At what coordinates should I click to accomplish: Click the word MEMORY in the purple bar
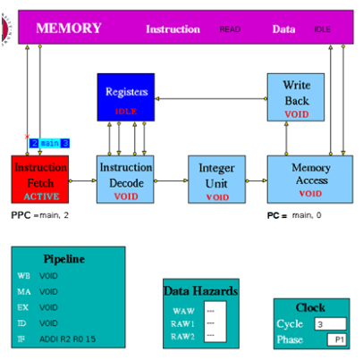tap(69, 29)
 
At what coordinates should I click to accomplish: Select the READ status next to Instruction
tap(230, 29)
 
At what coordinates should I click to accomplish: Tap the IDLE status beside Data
tap(322, 29)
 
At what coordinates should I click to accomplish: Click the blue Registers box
tap(126, 97)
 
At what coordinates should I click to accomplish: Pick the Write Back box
tap(296, 97)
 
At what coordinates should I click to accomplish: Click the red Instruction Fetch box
tap(40, 180)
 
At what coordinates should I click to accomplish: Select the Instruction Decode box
tap(125, 180)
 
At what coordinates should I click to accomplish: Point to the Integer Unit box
tap(216, 180)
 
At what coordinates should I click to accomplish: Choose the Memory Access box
tap(310, 180)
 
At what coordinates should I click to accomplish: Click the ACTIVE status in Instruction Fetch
tap(41, 197)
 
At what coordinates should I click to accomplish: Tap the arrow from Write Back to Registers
tap(211, 98)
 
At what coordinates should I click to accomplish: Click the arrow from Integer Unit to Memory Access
tap(257, 180)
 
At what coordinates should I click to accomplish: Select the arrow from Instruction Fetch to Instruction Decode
tap(82, 180)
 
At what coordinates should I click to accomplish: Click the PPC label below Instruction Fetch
tap(21, 215)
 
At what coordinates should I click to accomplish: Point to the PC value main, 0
tap(307, 215)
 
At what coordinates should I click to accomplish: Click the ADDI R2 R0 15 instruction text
tap(67, 339)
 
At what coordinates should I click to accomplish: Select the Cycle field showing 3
tap(330, 324)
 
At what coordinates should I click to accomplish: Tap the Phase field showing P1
tap(337, 339)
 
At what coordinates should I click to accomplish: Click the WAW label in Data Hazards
tap(183, 311)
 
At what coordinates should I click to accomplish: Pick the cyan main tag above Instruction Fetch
tap(49, 143)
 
